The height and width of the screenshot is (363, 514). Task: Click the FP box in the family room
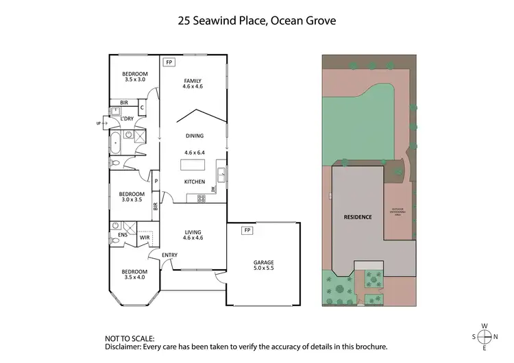[169, 62]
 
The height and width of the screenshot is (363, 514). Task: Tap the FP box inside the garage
[246, 230]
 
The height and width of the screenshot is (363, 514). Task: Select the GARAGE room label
[263, 262]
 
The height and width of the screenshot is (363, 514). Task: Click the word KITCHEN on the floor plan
[195, 181]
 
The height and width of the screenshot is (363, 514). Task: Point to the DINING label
[195, 136]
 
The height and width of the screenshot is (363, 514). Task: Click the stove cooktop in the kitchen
[201, 199]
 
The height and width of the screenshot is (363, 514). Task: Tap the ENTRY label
[169, 255]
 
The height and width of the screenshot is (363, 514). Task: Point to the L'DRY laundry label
[127, 118]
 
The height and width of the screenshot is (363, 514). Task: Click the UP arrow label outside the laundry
[99, 123]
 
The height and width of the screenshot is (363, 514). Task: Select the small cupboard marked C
[142, 108]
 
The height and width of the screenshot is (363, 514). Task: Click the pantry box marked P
[156, 181]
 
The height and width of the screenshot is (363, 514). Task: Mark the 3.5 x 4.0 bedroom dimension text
[135, 277]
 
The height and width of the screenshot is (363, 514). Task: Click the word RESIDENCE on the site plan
[357, 217]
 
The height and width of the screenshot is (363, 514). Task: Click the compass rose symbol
[485, 337]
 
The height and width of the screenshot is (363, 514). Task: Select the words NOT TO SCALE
[130, 338]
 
